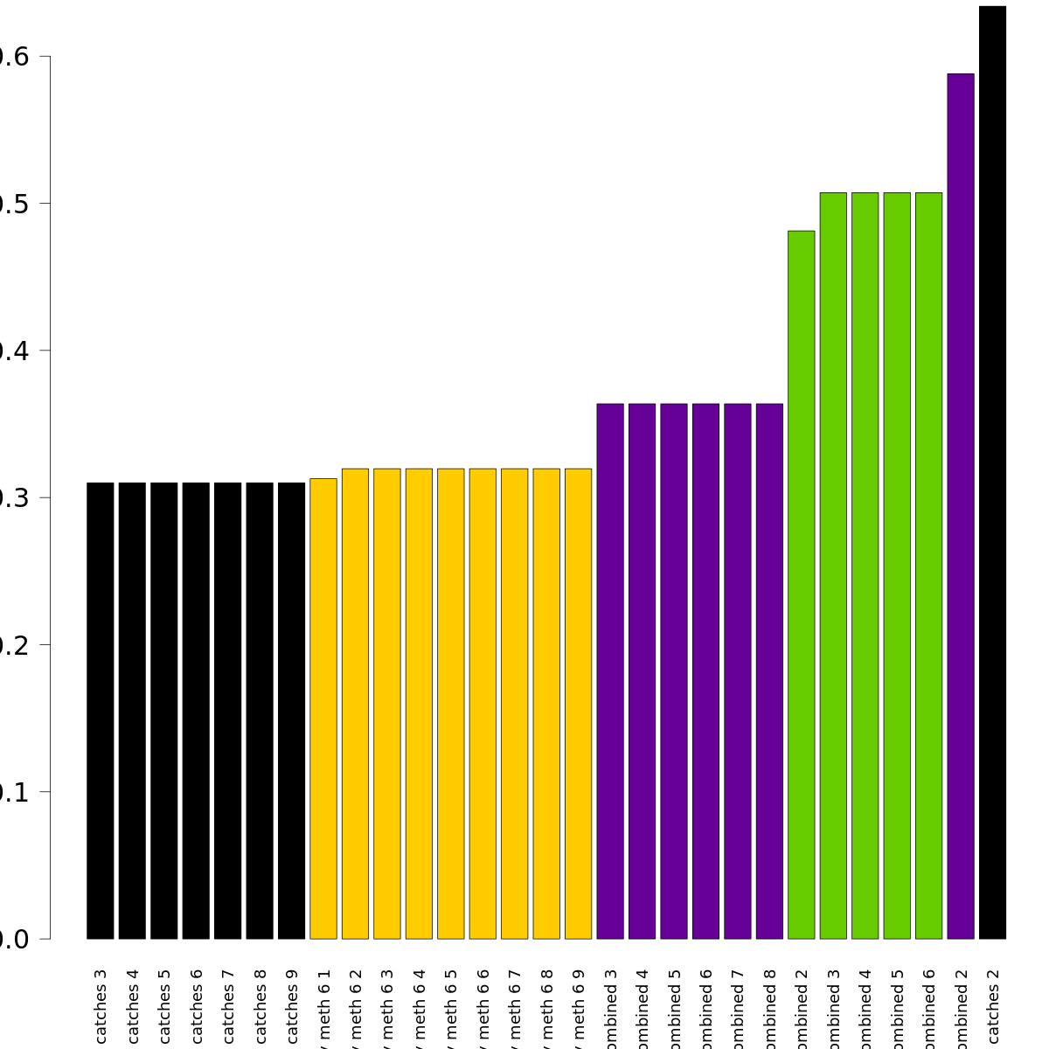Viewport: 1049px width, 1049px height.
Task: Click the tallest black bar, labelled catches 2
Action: click(992, 472)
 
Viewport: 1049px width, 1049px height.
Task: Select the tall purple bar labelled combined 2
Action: click(960, 506)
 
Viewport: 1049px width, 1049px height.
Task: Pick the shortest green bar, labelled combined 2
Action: click(801, 585)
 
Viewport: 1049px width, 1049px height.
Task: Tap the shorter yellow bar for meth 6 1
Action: click(323, 708)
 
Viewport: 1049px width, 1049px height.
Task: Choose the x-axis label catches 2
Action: click(992, 1005)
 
